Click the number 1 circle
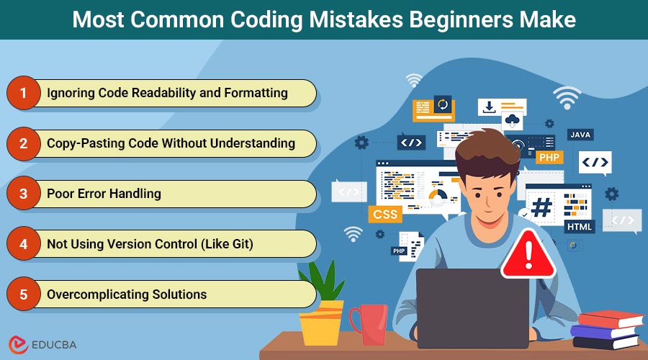pyautogui.click(x=24, y=93)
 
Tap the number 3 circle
pyautogui.click(x=24, y=194)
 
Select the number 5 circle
pyautogui.click(x=24, y=294)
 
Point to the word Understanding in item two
pyautogui.click(x=253, y=143)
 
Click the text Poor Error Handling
pyautogui.click(x=104, y=194)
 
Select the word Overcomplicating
pyautogui.click(x=98, y=294)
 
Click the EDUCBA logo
pyautogui.click(x=42, y=344)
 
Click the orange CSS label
pyautogui.click(x=385, y=214)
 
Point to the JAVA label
pyautogui.click(x=580, y=135)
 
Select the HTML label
pyautogui.click(x=580, y=227)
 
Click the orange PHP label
pyautogui.click(x=549, y=158)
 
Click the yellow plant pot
pyautogui.click(x=322, y=323)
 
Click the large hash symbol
pyautogui.click(x=541, y=207)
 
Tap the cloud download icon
pyautogui.click(x=513, y=121)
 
